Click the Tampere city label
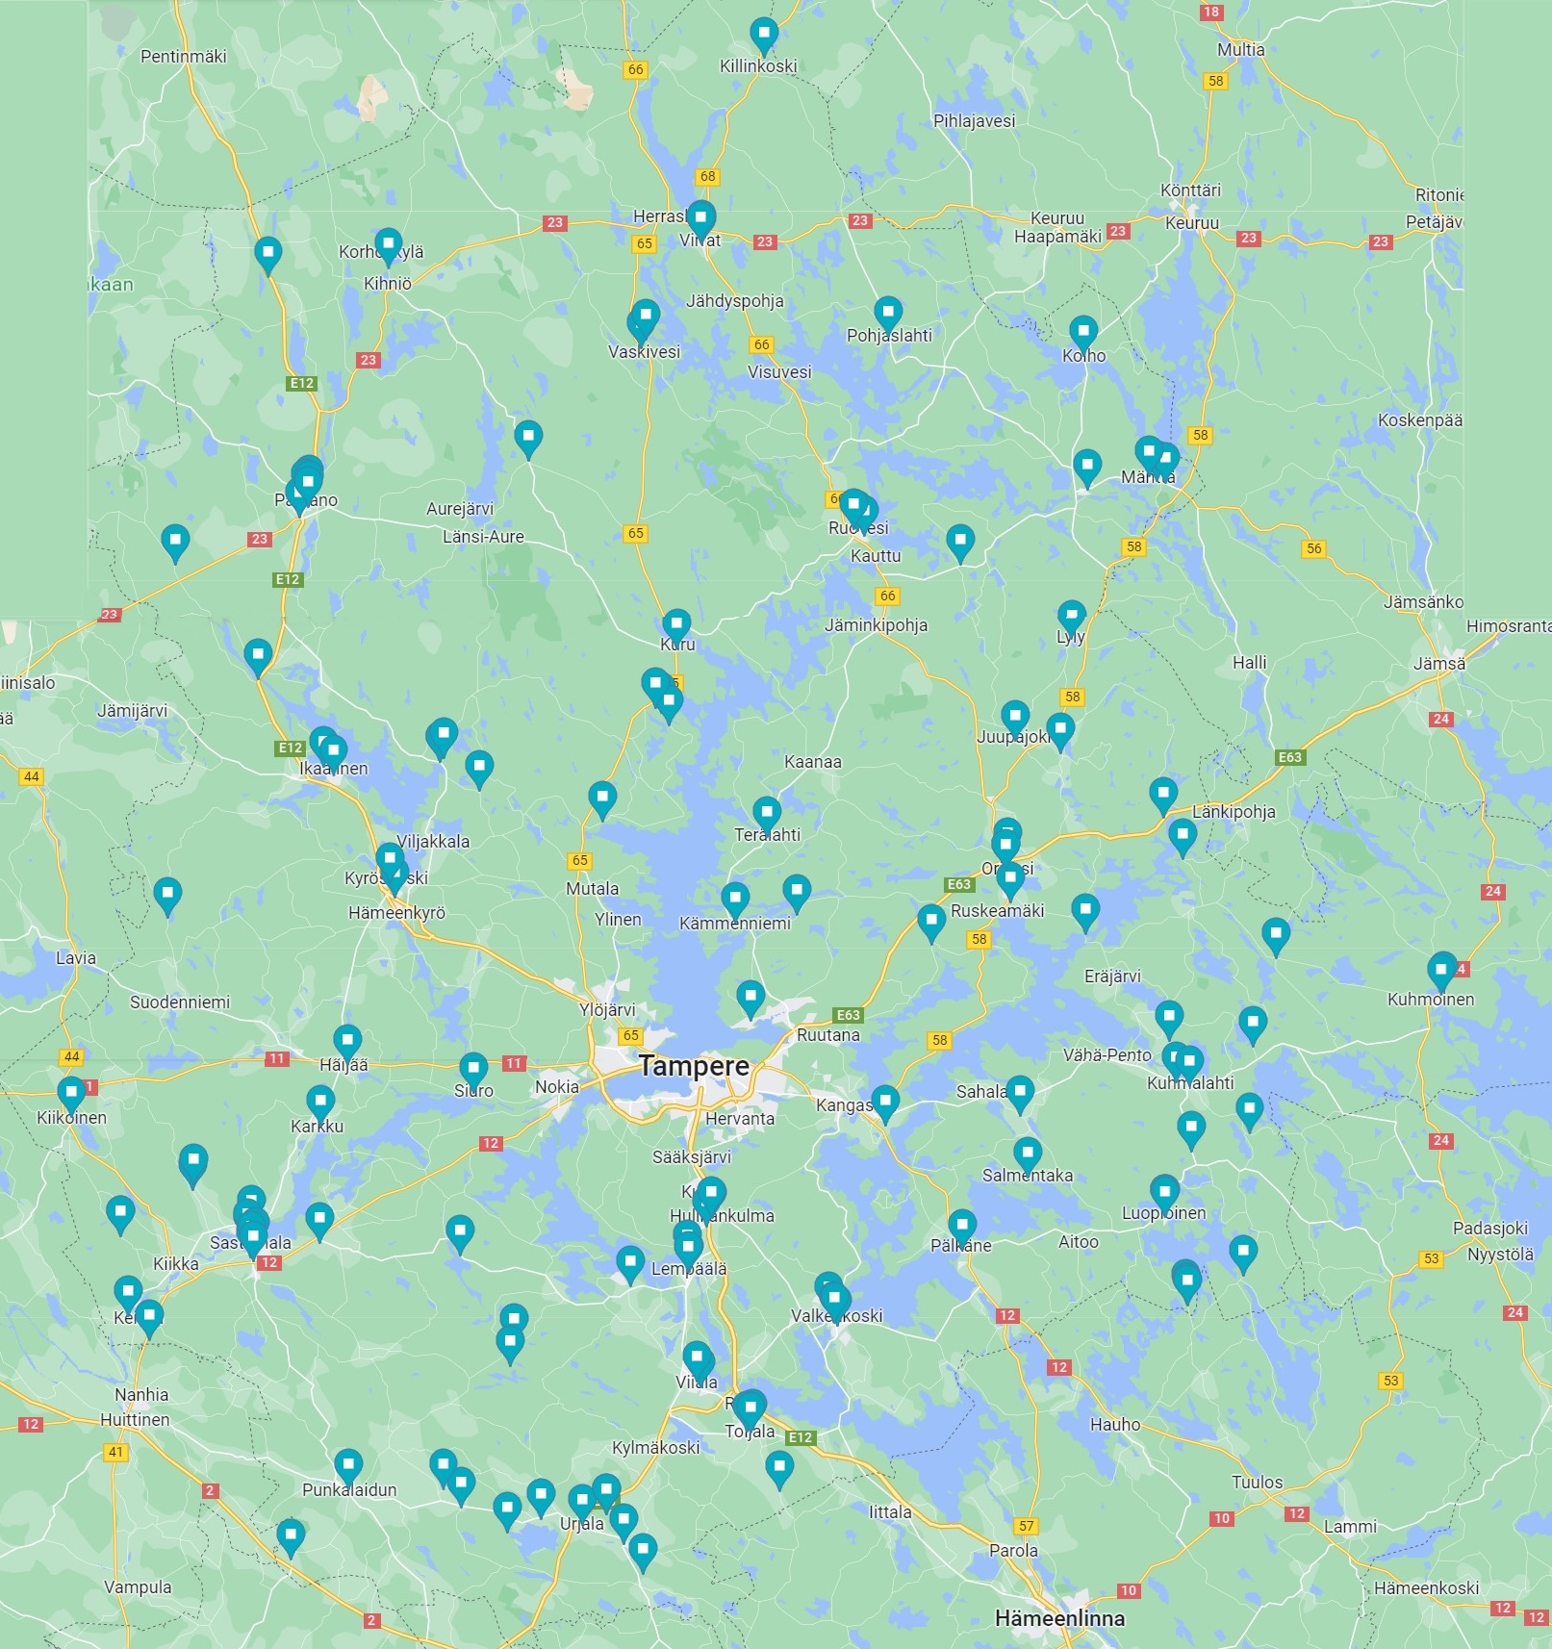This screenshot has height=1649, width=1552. tap(693, 1066)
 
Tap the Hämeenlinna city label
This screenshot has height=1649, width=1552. tap(1059, 1618)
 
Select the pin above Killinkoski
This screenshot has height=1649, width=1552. tap(764, 35)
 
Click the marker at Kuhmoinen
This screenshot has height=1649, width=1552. tap(1441, 969)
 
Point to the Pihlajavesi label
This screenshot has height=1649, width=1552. tap(974, 121)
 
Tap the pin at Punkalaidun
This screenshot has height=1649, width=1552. tap(348, 1466)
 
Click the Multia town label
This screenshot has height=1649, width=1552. tap(1240, 50)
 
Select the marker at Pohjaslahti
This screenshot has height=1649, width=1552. tap(888, 313)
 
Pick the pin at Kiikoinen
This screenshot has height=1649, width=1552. tap(71, 1093)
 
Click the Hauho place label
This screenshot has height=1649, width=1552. tap(1114, 1424)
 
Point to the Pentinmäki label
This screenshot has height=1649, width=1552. tap(183, 57)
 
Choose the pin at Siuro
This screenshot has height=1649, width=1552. tap(473, 1068)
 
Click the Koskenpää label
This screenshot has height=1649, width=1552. tap(1419, 420)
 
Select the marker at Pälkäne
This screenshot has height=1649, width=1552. tap(962, 1225)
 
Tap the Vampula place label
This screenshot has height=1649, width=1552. tap(138, 1587)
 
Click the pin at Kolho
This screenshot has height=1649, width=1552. tap(1083, 332)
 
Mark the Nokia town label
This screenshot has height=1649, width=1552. tap(557, 1087)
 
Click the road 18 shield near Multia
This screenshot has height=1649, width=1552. tap(1210, 13)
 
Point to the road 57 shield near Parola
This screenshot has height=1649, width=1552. tap(1027, 1526)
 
